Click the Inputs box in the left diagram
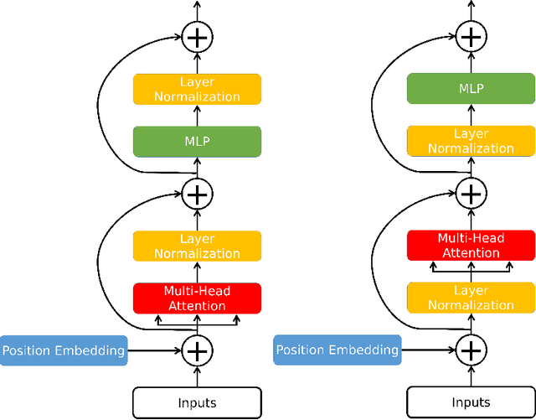(197, 402)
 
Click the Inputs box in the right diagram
(471, 402)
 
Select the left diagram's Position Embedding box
(64, 350)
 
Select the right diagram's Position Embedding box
(338, 350)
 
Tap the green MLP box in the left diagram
(197, 142)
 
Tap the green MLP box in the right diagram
(471, 88)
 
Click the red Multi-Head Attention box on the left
(197, 298)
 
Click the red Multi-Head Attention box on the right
(471, 246)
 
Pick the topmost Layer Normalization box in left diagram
(197, 89)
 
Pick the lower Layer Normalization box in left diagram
(197, 246)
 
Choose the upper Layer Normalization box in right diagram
(471, 141)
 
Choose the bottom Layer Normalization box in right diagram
(471, 298)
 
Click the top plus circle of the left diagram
(197, 36)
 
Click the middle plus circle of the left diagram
(197, 194)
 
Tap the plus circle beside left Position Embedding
(197, 350)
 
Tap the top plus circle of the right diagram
(471, 36)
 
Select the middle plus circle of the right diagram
(471, 194)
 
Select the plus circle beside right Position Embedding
(471, 350)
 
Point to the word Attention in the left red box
(197, 305)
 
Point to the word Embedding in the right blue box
(366, 350)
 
